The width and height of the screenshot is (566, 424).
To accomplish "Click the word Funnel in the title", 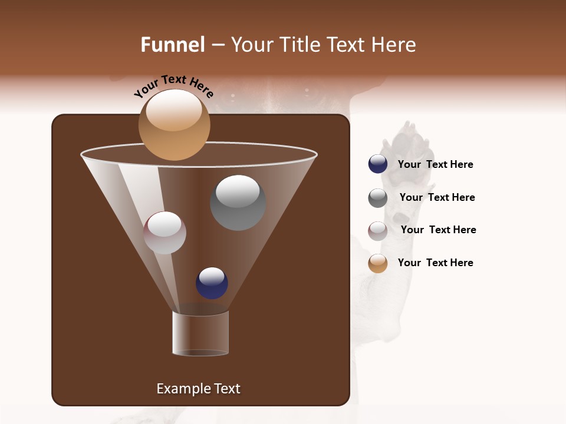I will coord(172,45).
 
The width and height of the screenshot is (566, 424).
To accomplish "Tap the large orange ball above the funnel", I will coord(174,125).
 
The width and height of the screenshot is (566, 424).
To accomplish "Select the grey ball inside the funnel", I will coord(238,203).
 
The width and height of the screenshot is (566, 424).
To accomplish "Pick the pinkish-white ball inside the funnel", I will coord(164,233).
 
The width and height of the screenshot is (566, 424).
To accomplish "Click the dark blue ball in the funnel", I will coord(212,283).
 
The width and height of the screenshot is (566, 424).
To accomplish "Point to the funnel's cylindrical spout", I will coord(200,333).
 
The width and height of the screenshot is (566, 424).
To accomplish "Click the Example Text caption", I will coord(198,389).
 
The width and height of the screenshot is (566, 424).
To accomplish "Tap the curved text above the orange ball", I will coord(173,86).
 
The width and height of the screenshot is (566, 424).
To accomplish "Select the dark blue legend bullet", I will coord(378,164).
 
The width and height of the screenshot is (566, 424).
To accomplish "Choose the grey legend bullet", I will coord(378,198).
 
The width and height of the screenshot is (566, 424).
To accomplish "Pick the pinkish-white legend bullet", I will coord(378,231).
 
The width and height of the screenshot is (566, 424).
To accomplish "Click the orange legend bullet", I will coord(378,263).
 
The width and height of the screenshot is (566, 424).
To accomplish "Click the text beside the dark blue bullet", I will coord(435,164).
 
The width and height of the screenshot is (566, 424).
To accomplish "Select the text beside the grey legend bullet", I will coord(437,197).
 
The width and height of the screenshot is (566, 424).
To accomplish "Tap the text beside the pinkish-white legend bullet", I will coord(438,230).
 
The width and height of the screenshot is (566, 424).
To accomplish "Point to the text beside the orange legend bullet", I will coord(435,263).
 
